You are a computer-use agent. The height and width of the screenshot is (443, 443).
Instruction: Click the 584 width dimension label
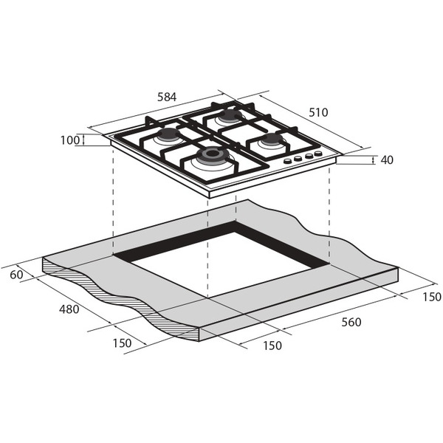(167, 97)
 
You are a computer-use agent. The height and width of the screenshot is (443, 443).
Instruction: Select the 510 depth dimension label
(318, 112)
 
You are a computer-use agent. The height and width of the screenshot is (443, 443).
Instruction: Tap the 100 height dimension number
(70, 140)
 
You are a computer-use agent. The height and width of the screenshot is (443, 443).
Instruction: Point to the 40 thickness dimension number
(387, 160)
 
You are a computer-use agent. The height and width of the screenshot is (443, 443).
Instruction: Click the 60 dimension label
(16, 275)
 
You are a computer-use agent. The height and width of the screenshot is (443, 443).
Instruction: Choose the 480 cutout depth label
(69, 309)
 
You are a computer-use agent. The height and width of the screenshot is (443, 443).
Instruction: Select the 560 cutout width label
(351, 322)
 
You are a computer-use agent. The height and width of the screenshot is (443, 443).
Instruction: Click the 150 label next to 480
(122, 343)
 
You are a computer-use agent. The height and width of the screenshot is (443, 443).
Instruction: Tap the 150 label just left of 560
(272, 346)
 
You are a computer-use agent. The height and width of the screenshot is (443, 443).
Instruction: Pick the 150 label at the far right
(432, 297)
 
